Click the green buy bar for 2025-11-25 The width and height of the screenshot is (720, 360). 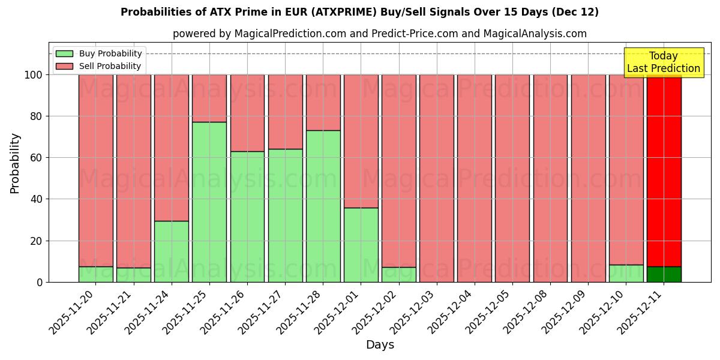coord(209,202)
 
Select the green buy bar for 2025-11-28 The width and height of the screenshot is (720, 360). coord(323,206)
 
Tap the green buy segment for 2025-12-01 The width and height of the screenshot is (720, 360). coord(361,245)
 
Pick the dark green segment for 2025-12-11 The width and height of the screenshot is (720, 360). coord(664,274)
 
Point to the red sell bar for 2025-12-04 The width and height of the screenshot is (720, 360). coord(475,178)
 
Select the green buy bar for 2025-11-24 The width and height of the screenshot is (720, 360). coord(172,251)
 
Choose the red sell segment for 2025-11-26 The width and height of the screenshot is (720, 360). coord(247,113)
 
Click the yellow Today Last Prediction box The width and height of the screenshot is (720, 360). coord(664,62)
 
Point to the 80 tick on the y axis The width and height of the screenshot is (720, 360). coord(37,116)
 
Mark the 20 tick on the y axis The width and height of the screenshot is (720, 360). coord(37,241)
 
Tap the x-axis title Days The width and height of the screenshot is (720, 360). coord(380,345)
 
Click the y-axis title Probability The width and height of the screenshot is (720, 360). coord(15,163)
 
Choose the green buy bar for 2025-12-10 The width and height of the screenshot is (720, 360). coord(626,273)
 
